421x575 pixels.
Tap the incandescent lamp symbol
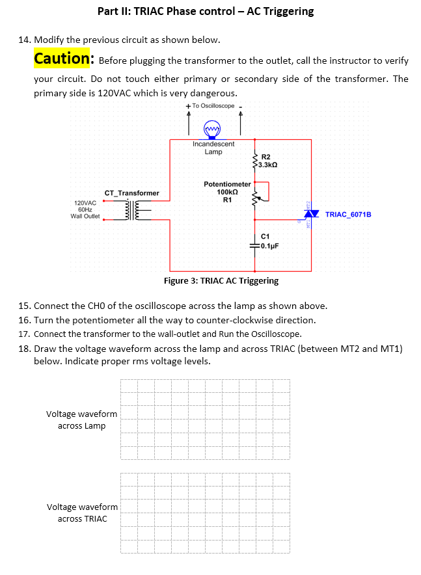[212, 128]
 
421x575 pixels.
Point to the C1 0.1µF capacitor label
[269, 241]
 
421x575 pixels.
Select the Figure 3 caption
[221, 281]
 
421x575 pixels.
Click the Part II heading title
[206, 11]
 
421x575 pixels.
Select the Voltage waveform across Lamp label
[82, 420]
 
